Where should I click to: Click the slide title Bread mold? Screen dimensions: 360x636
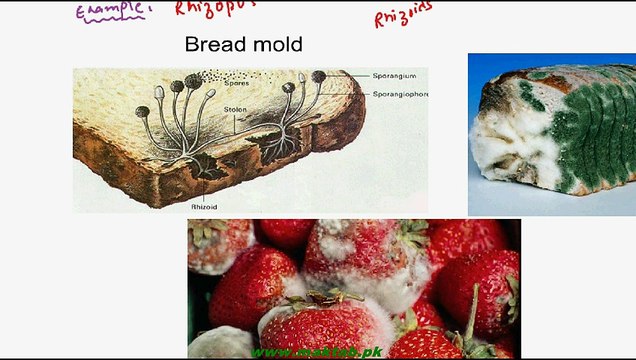coord(244,46)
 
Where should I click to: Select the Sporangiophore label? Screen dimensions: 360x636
coord(396,93)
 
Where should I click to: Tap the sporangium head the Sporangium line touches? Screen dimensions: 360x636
coord(319,77)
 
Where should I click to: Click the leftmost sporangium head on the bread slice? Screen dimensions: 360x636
coord(158,93)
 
